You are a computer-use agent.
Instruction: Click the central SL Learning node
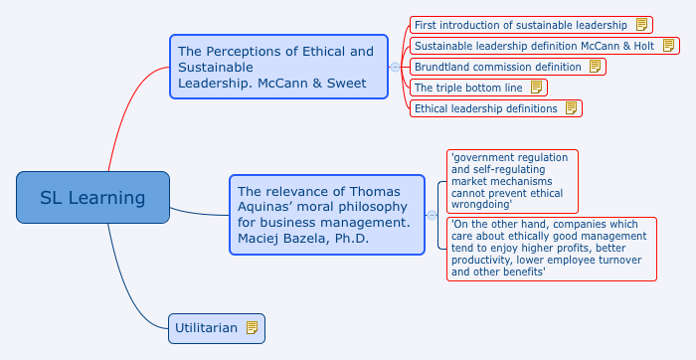click(92, 197)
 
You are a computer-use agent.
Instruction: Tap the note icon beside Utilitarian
click(252, 327)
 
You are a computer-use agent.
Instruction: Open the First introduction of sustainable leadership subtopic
click(521, 25)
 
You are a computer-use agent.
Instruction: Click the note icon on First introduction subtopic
click(642, 25)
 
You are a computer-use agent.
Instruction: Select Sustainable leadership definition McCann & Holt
click(534, 46)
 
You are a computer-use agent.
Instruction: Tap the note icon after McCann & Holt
click(669, 46)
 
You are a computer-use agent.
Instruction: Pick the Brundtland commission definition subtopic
click(497, 67)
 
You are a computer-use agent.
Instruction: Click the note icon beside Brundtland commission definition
click(595, 67)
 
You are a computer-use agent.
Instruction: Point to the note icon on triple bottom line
click(536, 88)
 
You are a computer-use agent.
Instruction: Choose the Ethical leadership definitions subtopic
click(485, 108)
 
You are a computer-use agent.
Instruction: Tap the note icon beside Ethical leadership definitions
click(571, 108)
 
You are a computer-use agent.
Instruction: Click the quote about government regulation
click(512, 181)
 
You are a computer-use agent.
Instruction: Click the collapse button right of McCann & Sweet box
click(395, 67)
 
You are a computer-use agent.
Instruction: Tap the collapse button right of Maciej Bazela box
click(432, 215)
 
